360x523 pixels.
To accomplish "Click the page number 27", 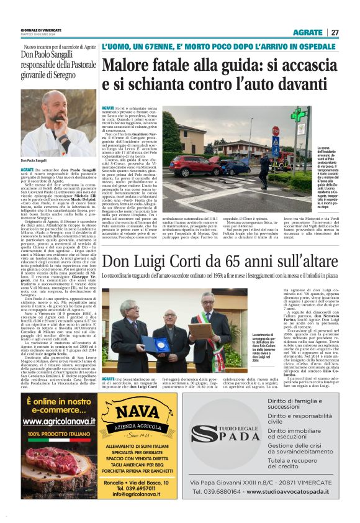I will (335, 32).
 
